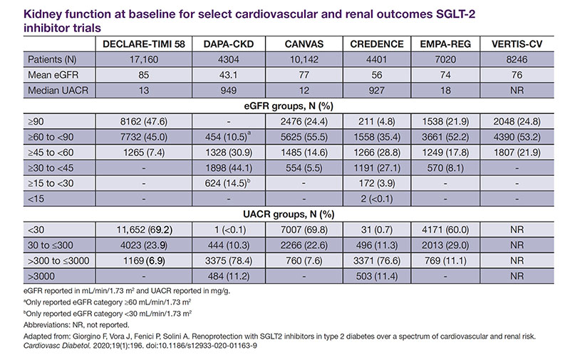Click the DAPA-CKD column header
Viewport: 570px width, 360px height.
coord(228,44)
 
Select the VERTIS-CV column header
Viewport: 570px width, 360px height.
coord(517,44)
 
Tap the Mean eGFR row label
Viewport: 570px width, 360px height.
coord(53,75)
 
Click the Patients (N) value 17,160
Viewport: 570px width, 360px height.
coord(144,60)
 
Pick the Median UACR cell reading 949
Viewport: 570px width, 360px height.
coord(228,91)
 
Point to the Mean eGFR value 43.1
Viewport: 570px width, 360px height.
coord(228,75)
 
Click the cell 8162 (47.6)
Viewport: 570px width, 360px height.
coord(144,121)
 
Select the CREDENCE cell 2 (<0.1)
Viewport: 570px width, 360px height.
coord(377,199)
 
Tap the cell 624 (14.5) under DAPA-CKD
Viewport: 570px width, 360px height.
coord(228,183)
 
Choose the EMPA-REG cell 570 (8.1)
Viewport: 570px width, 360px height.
coord(445,168)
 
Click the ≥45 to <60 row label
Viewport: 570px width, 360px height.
coord(51,153)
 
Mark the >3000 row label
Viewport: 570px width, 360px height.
coord(41,277)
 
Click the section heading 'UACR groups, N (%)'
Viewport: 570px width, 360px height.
coord(289,214)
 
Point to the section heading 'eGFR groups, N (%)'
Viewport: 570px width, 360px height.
coord(289,106)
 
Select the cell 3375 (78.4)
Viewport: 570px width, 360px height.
coord(228,261)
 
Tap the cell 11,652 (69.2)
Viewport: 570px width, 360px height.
coord(144,230)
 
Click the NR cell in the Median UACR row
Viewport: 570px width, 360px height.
coord(517,91)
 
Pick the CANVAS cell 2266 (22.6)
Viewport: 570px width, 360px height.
coord(304,245)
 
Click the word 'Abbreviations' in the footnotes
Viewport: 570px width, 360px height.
coord(46,325)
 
